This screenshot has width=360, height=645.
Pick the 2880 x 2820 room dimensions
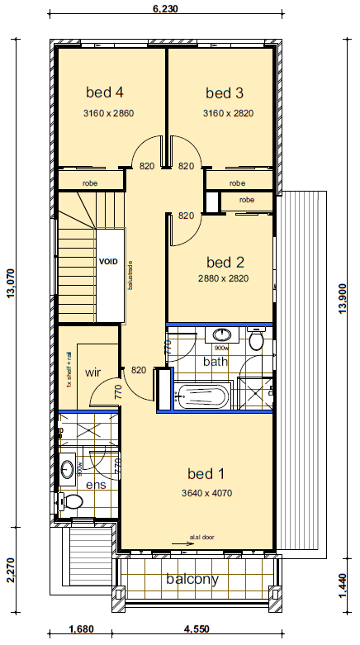pyautogui.click(x=223, y=278)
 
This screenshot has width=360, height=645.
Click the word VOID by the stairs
pyautogui.click(x=109, y=262)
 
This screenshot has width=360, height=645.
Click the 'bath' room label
pyautogui.click(x=216, y=361)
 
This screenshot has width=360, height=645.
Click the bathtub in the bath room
pyautogui.click(x=201, y=396)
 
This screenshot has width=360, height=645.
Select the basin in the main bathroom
pyautogui.click(x=221, y=335)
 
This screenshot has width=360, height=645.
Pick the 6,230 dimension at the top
pyautogui.click(x=165, y=9)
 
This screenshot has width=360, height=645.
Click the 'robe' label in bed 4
pyautogui.click(x=89, y=183)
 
